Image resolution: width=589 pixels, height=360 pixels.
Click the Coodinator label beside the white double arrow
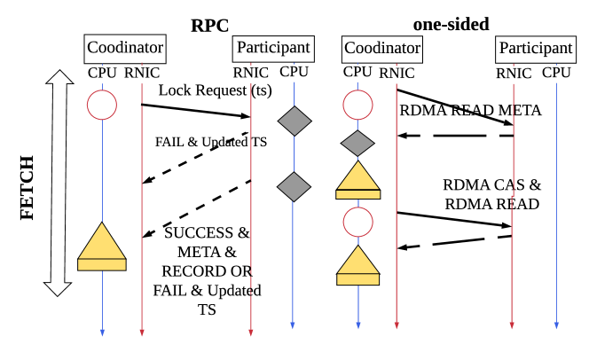(124, 48)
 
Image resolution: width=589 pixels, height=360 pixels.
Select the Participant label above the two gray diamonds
(273, 48)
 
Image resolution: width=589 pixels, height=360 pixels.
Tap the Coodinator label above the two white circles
(382, 48)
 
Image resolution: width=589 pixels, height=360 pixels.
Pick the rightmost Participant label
(535, 48)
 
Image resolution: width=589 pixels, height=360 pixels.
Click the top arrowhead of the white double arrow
(59, 79)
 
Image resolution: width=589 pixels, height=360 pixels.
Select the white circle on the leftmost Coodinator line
(102, 106)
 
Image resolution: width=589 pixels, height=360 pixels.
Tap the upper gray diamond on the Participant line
(294, 121)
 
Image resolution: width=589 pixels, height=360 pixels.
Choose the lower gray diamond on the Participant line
(294, 187)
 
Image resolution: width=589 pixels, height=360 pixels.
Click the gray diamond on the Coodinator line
(357, 143)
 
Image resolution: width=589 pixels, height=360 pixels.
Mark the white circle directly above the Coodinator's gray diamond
(358, 106)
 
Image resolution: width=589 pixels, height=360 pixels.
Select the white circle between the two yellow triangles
(358, 222)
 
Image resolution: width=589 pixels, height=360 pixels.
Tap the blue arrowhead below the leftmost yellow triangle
(102, 333)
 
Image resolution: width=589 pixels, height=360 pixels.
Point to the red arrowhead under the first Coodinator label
(142, 333)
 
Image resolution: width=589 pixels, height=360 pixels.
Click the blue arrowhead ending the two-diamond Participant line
(293, 325)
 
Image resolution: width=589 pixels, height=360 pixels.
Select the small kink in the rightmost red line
(513, 192)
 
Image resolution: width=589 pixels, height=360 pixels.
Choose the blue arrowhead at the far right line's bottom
(556, 325)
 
